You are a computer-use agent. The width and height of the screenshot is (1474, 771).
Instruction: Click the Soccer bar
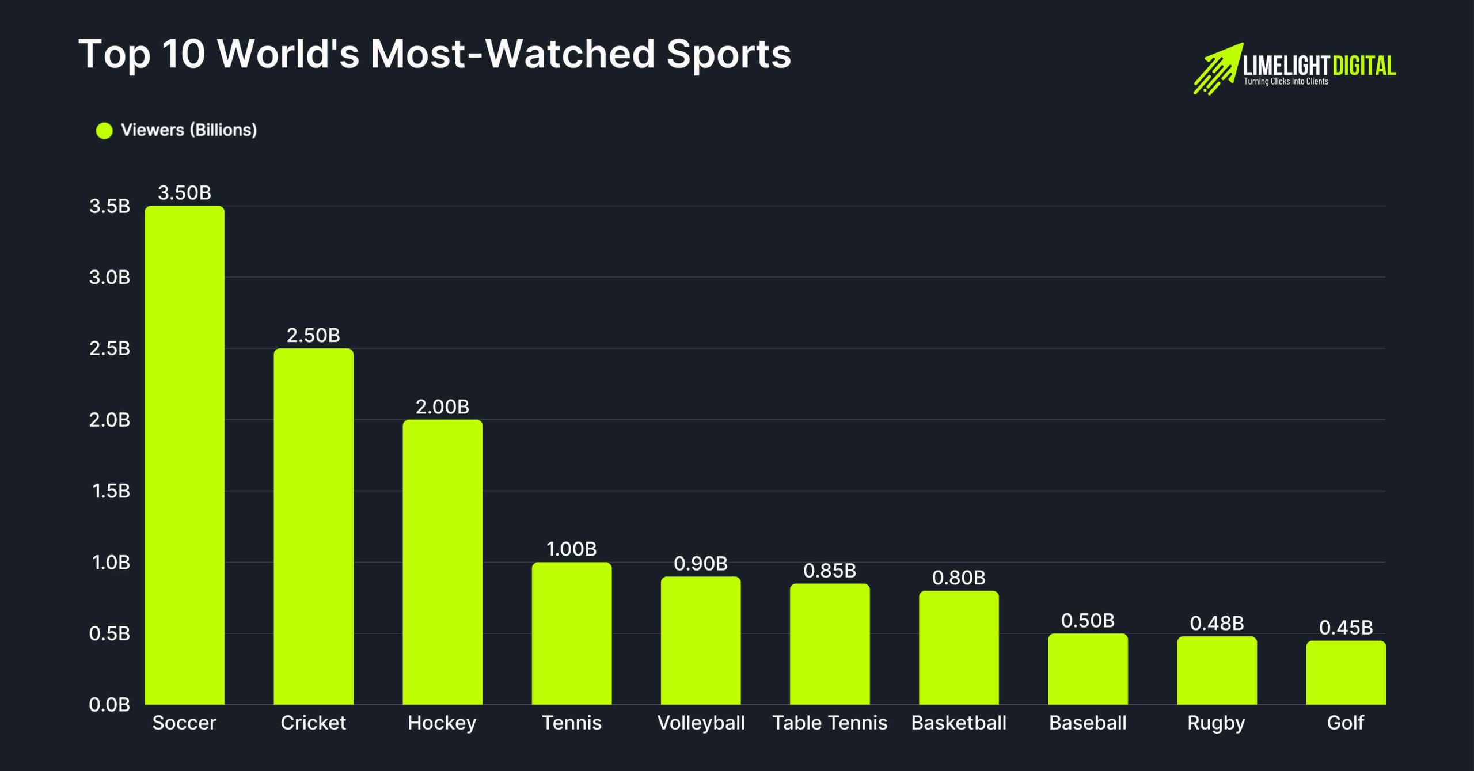[184, 455]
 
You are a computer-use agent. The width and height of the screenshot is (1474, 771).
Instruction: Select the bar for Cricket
[313, 526]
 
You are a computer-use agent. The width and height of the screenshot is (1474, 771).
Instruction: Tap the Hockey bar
[442, 562]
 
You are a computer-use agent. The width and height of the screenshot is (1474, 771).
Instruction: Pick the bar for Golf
[1346, 673]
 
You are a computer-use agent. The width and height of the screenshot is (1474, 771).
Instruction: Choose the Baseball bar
[1088, 669]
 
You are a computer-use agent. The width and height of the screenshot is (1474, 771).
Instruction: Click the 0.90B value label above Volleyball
[701, 564]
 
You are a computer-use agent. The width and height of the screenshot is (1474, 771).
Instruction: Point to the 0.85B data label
[830, 571]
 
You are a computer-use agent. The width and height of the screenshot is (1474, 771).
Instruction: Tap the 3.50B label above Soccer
[184, 193]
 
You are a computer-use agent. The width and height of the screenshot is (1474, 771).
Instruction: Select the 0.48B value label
[1217, 623]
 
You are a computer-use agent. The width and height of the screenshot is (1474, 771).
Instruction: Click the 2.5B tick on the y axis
[109, 348]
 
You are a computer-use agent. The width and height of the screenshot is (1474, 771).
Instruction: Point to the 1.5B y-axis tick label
[111, 491]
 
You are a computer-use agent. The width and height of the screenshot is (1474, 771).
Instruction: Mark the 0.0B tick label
[109, 705]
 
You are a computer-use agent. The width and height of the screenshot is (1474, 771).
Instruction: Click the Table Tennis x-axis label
[830, 723]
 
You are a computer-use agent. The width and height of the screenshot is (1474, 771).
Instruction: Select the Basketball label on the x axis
[959, 723]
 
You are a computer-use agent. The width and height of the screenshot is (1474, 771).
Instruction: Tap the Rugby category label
[1216, 723]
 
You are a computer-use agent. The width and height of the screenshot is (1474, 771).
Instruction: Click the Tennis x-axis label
[572, 723]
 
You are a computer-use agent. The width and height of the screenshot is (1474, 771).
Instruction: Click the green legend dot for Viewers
[104, 131]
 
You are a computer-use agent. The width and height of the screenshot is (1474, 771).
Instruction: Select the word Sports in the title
[728, 54]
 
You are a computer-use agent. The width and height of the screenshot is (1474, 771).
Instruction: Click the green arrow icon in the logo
[1217, 69]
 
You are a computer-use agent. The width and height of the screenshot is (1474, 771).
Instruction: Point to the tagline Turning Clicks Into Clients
[1286, 82]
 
